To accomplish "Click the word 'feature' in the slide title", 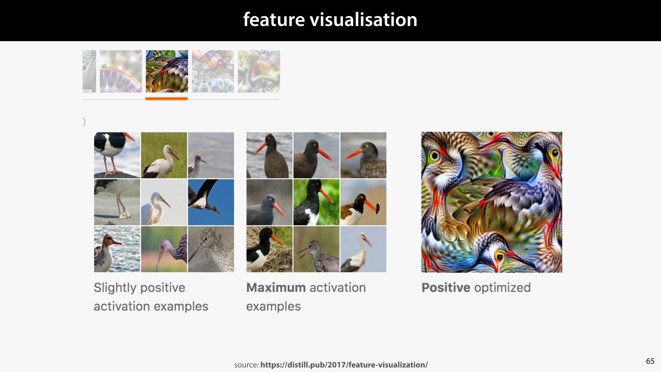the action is click(274, 20).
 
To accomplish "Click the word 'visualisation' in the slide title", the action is click(363, 20).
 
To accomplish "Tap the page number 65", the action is click(650, 361).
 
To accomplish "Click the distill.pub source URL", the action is click(344, 365).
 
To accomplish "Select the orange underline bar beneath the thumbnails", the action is click(166, 98).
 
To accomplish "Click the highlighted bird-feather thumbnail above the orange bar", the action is click(167, 71).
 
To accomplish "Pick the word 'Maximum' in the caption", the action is click(276, 288).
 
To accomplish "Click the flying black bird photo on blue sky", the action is click(211, 202).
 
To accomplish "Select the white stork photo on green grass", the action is click(164, 155).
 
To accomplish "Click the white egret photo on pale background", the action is click(164, 202).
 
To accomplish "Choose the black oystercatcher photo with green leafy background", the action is click(316, 202).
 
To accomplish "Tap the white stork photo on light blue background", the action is click(363, 249).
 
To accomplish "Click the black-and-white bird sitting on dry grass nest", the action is click(269, 249).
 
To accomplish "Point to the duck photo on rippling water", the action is click(117, 249).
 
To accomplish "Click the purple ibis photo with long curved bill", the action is click(164, 249).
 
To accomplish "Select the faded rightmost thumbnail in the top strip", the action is click(259, 71).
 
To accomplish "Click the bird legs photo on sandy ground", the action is click(117, 202).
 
